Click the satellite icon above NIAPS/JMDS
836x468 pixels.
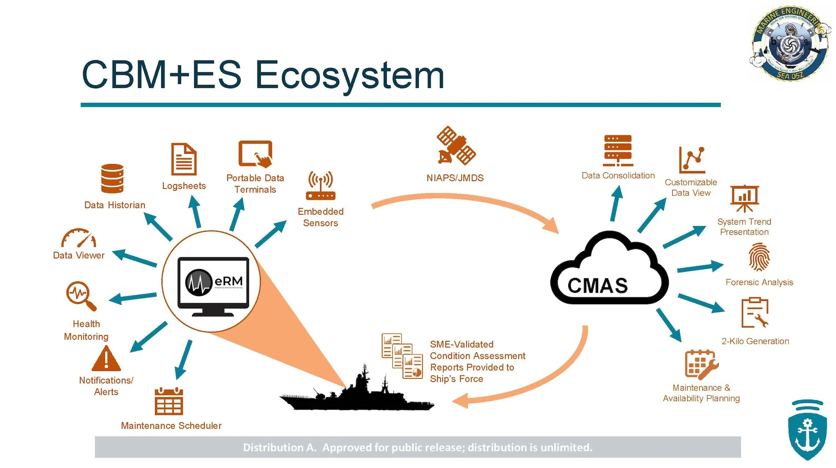456,146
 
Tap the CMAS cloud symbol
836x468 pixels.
609,272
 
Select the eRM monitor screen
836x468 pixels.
213,282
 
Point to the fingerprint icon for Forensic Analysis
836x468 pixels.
759,257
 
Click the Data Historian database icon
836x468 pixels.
112,178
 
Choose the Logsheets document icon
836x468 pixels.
184,159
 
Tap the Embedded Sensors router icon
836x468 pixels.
320,185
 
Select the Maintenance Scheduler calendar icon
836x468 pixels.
169,401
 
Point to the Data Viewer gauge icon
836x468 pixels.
79,238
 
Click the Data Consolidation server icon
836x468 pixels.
618,151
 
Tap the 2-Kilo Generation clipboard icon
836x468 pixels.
755,313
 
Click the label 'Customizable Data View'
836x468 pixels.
691,188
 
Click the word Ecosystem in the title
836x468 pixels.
349,75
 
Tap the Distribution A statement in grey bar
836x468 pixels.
418,448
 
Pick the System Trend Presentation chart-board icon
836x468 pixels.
745,198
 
